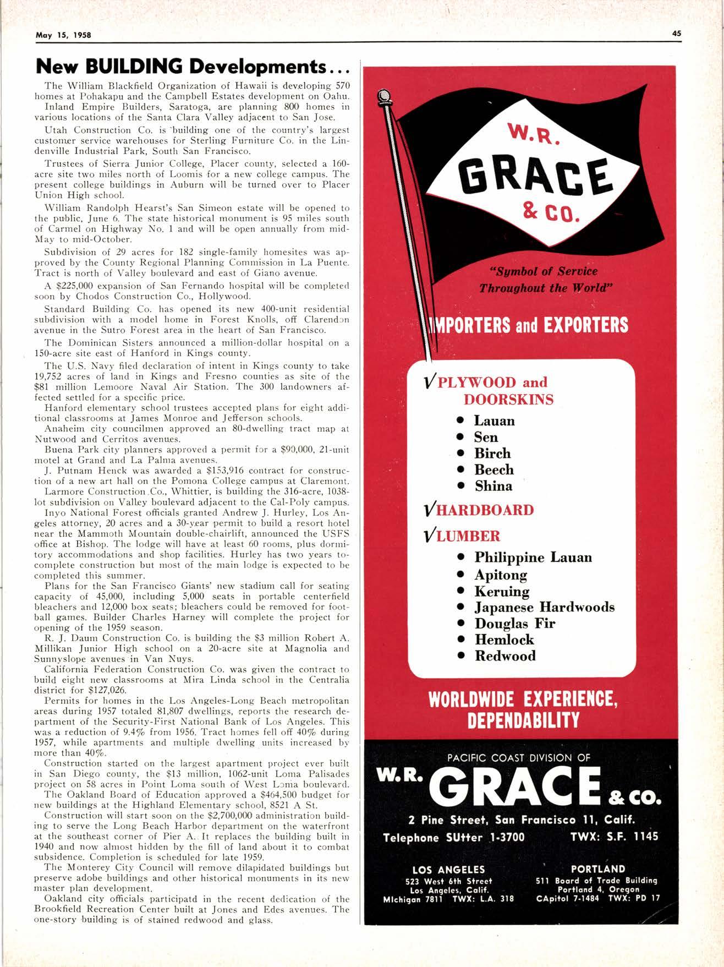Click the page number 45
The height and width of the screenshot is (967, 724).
click(676, 33)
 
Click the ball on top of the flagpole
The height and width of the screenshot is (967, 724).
click(384, 97)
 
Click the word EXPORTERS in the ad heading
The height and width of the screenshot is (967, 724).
click(585, 325)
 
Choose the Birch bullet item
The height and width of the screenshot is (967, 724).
click(492, 454)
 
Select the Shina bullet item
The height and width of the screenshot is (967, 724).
click(493, 486)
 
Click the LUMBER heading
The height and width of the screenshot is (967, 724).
click(468, 536)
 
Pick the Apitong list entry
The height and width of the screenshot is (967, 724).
click(501, 575)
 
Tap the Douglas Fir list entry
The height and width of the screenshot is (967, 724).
click(515, 624)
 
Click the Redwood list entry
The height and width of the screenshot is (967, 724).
click(505, 656)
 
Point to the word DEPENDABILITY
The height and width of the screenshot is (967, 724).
click(523, 720)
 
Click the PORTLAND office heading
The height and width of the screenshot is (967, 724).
click(598, 870)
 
